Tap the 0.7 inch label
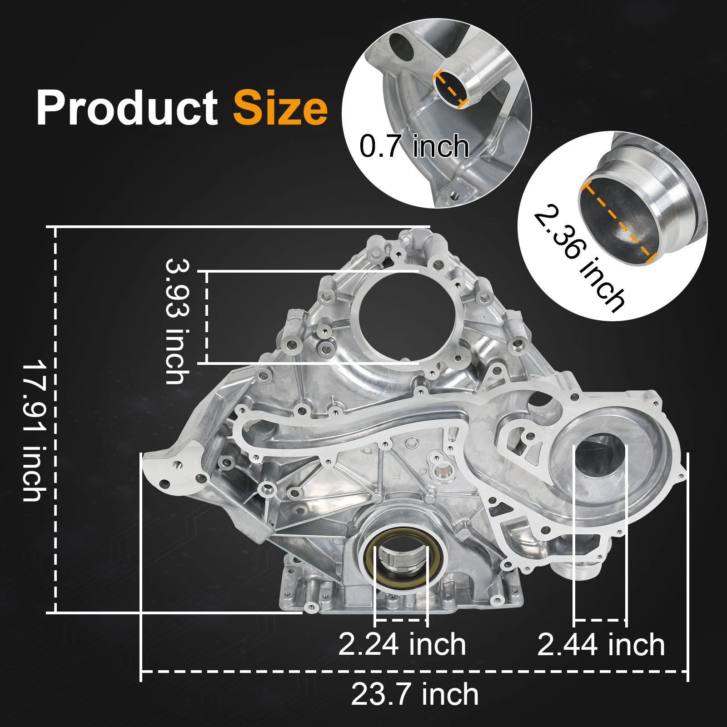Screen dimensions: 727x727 point(414,146)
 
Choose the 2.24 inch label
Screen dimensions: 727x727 point(402,644)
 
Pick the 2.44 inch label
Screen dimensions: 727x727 point(601,644)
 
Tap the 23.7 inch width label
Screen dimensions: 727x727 point(414,694)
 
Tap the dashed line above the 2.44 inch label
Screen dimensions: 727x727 point(600,619)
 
